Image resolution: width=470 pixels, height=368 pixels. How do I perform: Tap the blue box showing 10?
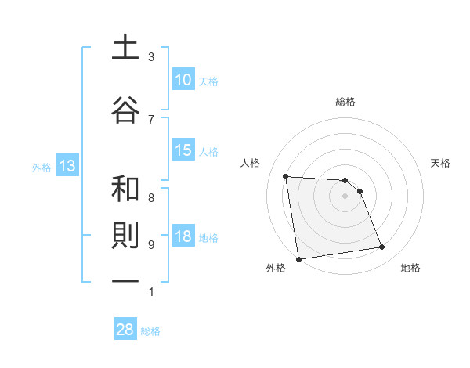click(183, 80)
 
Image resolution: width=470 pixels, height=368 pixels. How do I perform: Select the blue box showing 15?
click(183, 150)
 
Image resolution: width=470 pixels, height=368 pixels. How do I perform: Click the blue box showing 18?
click(183, 237)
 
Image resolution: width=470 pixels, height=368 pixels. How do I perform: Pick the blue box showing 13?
click(67, 166)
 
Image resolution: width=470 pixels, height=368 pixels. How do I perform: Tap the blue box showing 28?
click(125, 330)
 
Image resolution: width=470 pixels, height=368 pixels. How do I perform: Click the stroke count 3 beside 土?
click(151, 57)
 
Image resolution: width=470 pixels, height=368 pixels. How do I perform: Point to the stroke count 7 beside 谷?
click(151, 118)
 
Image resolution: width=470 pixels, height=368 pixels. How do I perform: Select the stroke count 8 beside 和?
click(151, 197)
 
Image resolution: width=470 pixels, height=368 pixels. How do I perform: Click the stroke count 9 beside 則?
click(151, 244)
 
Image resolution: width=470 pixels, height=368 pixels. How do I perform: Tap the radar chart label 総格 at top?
click(345, 102)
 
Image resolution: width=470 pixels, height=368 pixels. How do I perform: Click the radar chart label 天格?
click(440, 163)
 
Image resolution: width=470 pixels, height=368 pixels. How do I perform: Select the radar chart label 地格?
click(410, 268)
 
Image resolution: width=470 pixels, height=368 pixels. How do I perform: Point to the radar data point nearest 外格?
click(298, 258)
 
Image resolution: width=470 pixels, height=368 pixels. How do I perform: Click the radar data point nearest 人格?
click(286, 176)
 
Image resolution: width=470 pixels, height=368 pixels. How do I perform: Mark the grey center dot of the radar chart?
click(345, 196)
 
